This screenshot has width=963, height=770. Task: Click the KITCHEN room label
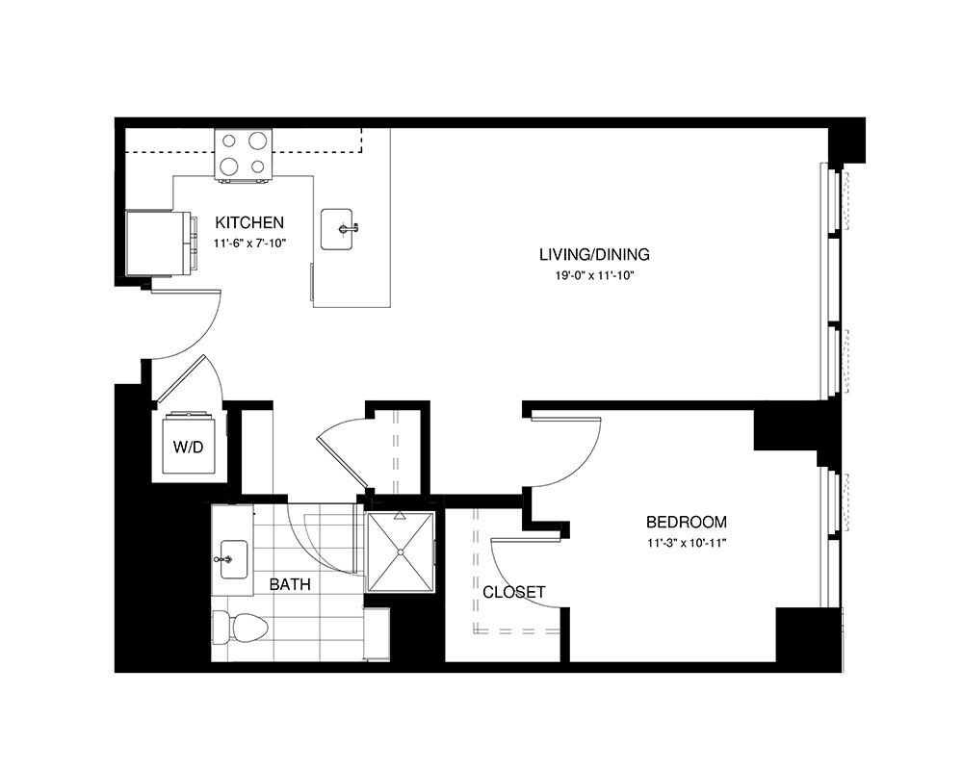pos(248,222)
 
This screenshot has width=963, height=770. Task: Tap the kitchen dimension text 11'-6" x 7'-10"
pos(250,244)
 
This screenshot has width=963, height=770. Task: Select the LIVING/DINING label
pos(594,255)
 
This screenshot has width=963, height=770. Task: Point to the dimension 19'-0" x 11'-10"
pos(593,276)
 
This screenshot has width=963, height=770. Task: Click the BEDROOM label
pos(686,523)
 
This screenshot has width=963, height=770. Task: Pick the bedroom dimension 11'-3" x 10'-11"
pos(686,543)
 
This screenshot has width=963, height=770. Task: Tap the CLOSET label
pos(514,592)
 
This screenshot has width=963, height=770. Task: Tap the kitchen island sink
pos(342,229)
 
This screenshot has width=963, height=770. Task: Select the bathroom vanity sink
pos(233,558)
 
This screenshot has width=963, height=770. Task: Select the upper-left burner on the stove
pos(230,141)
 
